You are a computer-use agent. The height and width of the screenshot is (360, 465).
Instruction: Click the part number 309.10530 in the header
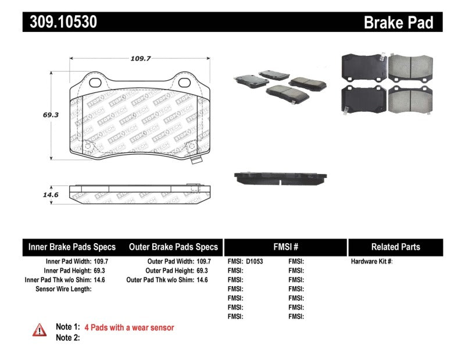(x=60, y=22)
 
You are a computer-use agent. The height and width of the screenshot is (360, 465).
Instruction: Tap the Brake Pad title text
(x=398, y=23)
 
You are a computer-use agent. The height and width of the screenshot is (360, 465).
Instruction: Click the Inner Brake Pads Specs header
(x=72, y=247)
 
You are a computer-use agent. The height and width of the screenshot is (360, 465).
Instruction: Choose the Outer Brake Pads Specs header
(x=173, y=247)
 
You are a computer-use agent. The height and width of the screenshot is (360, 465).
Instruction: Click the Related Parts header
(x=395, y=247)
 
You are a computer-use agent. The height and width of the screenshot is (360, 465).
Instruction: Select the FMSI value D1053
(x=255, y=262)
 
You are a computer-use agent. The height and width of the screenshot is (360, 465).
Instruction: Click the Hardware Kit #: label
(x=372, y=262)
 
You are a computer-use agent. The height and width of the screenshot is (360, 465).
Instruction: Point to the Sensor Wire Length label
(x=63, y=289)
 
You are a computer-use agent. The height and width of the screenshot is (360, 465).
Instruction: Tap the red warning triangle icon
(x=39, y=330)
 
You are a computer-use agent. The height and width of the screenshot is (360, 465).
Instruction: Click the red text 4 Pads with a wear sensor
(x=129, y=327)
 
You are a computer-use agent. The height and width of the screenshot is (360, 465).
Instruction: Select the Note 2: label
(x=67, y=337)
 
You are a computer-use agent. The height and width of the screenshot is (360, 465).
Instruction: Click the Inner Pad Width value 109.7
(x=101, y=262)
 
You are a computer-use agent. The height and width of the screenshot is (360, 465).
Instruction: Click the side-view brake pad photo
(x=280, y=177)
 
